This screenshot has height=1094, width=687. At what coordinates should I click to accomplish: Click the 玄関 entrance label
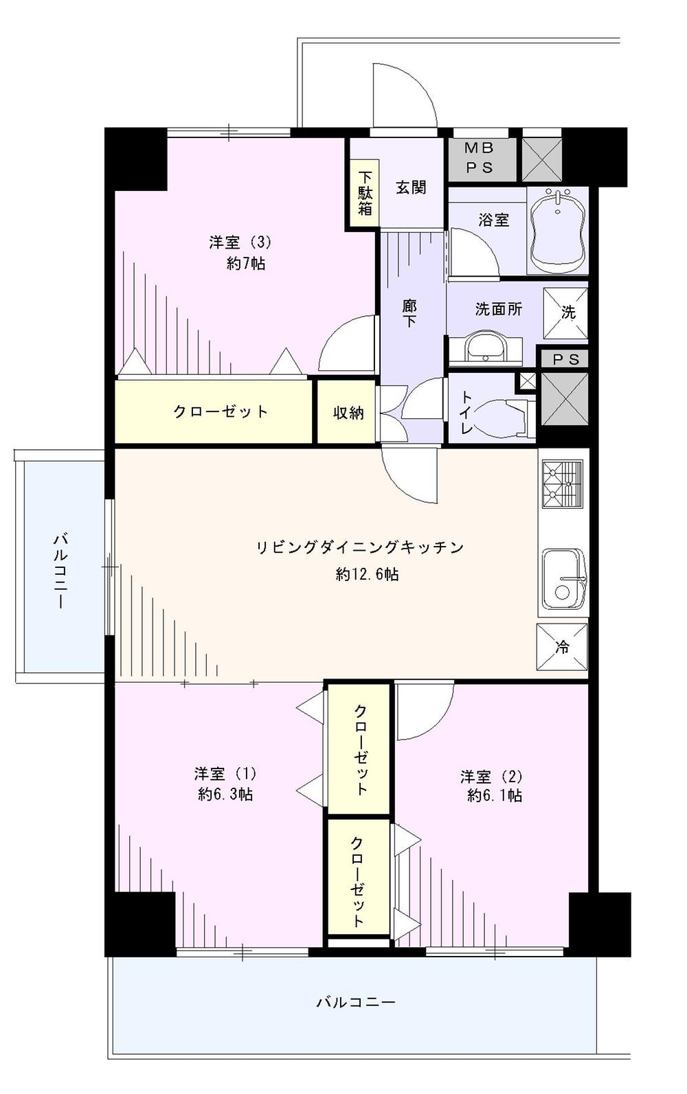click(411, 187)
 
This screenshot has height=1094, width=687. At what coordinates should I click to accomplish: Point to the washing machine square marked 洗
click(566, 312)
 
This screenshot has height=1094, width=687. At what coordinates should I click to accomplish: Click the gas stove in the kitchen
click(562, 484)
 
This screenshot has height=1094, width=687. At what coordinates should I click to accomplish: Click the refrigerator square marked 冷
click(562, 646)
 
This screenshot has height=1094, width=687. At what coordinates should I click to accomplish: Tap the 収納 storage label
click(348, 413)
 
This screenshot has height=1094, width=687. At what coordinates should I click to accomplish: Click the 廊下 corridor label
click(409, 312)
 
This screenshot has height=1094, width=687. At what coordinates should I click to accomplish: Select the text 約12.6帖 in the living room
click(367, 574)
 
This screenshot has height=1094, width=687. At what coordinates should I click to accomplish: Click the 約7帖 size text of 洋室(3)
click(246, 263)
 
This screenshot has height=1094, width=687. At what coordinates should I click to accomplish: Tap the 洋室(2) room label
click(491, 776)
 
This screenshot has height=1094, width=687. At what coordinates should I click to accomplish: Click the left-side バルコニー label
click(60, 569)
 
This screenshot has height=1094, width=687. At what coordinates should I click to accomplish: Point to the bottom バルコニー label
click(355, 1002)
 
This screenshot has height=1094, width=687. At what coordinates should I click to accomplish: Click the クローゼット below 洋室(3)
click(220, 411)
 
